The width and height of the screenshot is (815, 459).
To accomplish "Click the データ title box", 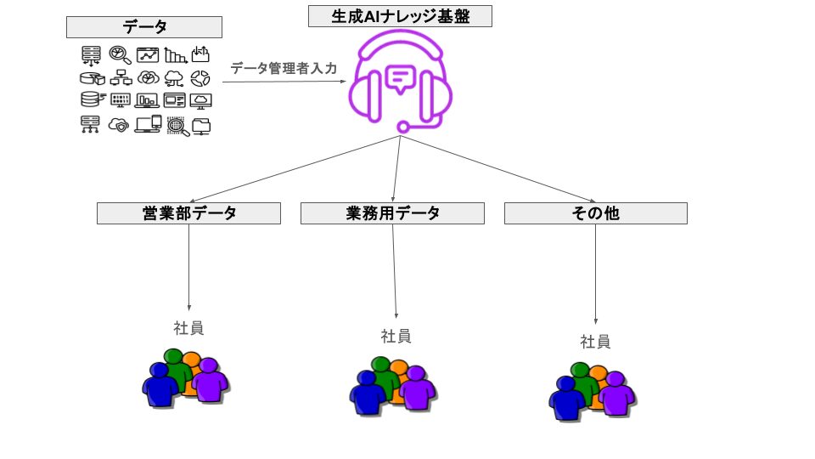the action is (144, 27).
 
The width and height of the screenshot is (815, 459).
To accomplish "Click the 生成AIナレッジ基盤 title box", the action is (400, 16).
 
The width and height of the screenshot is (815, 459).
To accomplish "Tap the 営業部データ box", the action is (188, 213).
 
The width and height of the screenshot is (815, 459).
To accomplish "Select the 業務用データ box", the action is (392, 213).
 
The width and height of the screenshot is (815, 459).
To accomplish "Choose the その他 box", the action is (596, 213).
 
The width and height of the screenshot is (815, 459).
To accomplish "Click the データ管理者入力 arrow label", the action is (284, 69).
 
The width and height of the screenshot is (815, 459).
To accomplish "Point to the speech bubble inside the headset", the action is (400, 80).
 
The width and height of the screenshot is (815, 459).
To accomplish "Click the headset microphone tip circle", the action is (402, 127).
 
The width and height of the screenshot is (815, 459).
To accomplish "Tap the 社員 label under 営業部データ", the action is (188, 328).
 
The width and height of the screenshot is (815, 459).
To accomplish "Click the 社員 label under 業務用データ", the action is (396, 337).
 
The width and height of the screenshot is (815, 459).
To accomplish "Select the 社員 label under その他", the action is (595, 342).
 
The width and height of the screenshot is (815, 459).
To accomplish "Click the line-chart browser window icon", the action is (148, 54).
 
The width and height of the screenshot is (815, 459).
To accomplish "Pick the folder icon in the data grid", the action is (201, 127).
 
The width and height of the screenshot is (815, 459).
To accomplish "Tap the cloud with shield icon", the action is (119, 126).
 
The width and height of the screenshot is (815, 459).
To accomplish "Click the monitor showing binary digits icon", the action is (120, 100).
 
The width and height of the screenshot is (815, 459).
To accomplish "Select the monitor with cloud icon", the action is (200, 100).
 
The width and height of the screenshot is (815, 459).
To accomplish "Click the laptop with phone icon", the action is (148, 124).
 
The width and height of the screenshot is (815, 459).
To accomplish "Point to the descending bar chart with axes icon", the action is (175, 55).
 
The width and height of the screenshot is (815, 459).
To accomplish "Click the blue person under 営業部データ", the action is (160, 384).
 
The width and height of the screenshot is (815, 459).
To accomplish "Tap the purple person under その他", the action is (617, 394).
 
